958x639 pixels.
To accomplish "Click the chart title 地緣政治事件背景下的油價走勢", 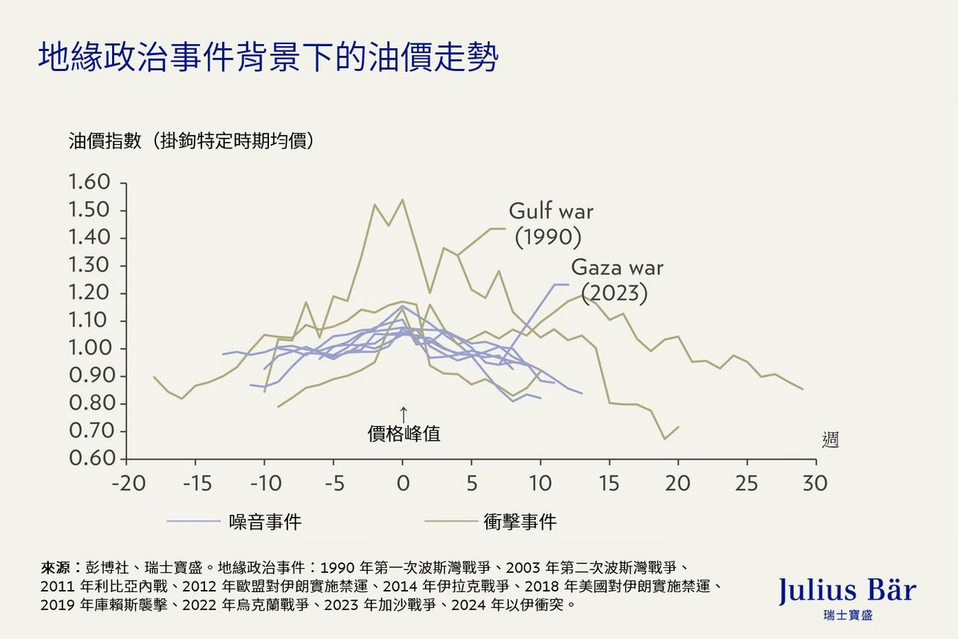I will [x=268, y=58].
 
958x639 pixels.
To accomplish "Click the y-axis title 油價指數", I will [x=105, y=141].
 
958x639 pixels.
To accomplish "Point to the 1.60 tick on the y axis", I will [x=89, y=182].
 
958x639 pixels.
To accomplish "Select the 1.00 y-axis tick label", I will [x=89, y=348].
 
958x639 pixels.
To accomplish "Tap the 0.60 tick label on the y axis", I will [x=89, y=459].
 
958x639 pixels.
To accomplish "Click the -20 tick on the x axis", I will [x=128, y=484].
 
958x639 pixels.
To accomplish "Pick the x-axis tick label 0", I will [x=403, y=484].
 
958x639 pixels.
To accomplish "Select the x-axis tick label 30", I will [x=815, y=484].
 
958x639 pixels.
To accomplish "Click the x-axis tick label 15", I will [x=608, y=484].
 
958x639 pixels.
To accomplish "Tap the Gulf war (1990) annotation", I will [x=550, y=224].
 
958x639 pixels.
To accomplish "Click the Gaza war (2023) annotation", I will [x=616, y=280].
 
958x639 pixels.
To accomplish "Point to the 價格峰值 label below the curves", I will [x=404, y=433].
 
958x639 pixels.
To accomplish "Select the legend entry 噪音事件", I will [x=265, y=522].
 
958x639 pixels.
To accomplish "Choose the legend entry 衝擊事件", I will [x=519, y=522].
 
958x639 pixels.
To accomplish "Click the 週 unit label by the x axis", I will [x=830, y=440].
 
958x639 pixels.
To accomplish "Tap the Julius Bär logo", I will [x=847, y=591].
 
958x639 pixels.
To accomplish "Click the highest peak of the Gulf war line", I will [x=403, y=200].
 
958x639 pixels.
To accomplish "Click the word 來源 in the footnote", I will [x=55, y=567].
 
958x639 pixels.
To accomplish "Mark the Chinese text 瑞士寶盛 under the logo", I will [x=847, y=615].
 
